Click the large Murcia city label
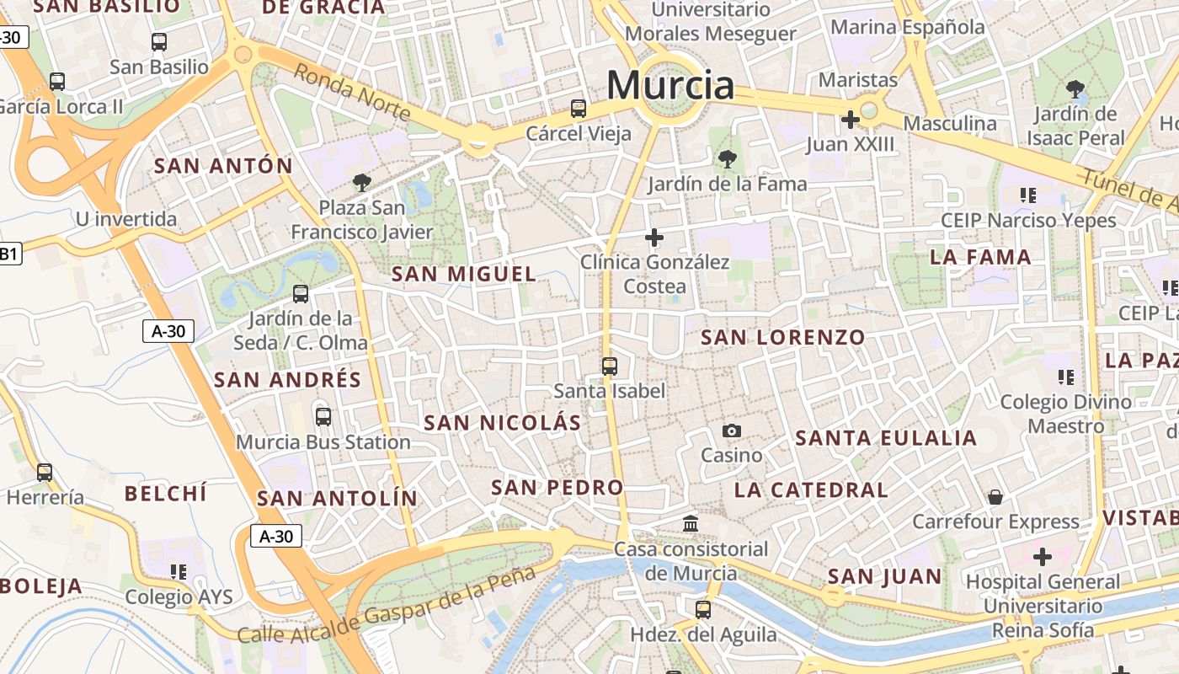(x=670, y=85)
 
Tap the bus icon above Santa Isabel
(x=610, y=366)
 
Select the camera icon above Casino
(x=732, y=431)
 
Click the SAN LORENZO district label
(x=783, y=338)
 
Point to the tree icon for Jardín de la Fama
(x=727, y=158)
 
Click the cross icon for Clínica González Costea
(x=654, y=238)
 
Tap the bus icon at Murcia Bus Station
(x=323, y=416)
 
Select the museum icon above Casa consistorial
(x=691, y=524)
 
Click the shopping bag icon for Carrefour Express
(x=995, y=497)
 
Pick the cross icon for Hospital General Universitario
(x=1043, y=557)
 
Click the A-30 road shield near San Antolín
(x=276, y=536)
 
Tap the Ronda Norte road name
(x=352, y=93)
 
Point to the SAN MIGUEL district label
(x=464, y=274)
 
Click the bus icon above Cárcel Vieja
(x=579, y=108)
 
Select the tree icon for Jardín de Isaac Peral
(x=1075, y=88)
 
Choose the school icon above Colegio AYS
(x=179, y=572)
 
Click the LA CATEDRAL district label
(x=811, y=490)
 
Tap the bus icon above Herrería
(x=45, y=473)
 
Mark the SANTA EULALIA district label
(x=886, y=438)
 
